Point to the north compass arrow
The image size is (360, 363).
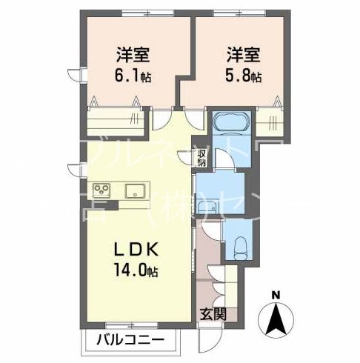[x=276, y=319]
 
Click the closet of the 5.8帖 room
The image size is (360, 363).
[x=272, y=119]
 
